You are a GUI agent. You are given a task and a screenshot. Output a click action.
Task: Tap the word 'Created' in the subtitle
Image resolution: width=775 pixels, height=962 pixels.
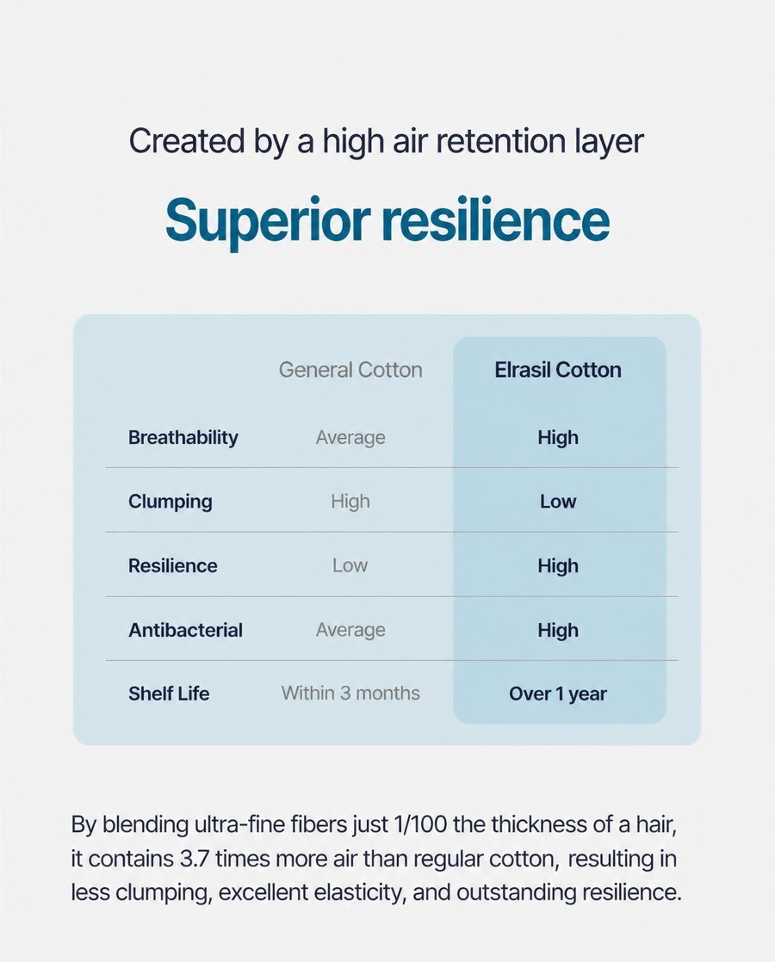coord(187,140)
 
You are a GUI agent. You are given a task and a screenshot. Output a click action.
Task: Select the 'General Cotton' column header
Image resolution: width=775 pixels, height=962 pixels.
coord(350,370)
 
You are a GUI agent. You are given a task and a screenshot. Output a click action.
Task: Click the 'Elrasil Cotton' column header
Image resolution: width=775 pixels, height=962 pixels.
coord(558,370)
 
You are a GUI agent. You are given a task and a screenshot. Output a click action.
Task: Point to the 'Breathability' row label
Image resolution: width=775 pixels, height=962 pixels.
coord(183,437)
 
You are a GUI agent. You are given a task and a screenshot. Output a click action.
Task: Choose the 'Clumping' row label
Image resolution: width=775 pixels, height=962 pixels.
coord(170,502)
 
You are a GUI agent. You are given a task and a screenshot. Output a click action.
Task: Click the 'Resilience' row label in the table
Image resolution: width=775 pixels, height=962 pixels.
coord(172,565)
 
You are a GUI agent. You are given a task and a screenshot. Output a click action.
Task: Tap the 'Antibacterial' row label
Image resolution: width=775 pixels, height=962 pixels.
coord(185,630)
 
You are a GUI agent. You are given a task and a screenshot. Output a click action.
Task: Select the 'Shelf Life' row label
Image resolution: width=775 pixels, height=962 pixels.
coord(169,694)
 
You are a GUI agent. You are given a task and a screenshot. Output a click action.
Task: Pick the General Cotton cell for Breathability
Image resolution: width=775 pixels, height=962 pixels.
coord(350,437)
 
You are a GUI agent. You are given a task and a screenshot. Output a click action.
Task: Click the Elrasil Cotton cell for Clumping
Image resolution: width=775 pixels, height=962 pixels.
coord(558,502)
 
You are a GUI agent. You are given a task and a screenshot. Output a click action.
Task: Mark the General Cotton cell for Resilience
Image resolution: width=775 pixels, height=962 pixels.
coord(350,565)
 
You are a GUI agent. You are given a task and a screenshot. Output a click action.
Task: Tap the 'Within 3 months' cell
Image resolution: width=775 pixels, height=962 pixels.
coord(350,694)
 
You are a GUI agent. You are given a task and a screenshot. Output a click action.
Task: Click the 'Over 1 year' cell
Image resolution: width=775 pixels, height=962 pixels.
coord(558,694)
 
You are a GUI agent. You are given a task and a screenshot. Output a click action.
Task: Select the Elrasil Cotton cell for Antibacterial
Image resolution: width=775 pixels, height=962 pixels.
coord(558,630)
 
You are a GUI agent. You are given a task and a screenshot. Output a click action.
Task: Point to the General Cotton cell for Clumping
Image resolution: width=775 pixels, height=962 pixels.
coord(350,502)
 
